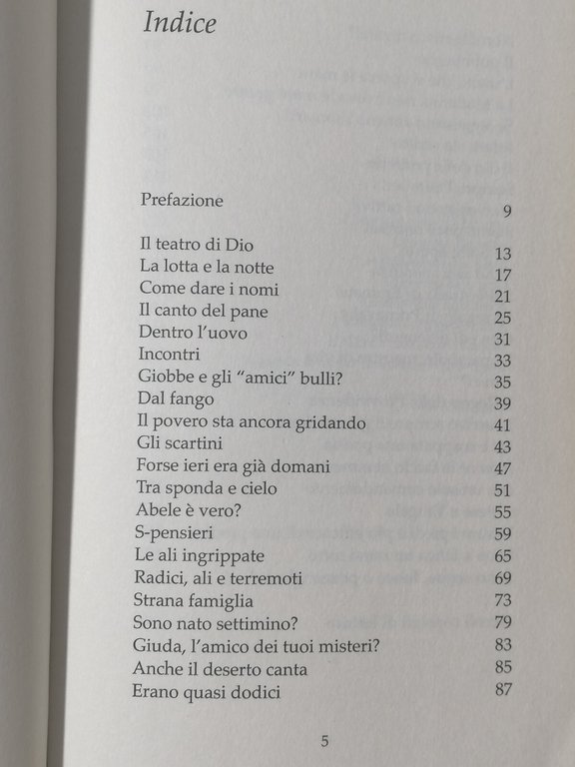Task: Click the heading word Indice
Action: pos(180,23)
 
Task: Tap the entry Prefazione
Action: pos(183,200)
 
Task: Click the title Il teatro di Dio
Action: pos(199,245)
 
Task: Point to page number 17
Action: pos(502,275)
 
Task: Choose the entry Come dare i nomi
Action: pos(209,289)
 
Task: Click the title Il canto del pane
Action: pos(204,311)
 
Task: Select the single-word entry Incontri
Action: pos(170,355)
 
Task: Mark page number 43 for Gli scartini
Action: pos(502,446)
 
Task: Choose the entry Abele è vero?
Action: pos(190,510)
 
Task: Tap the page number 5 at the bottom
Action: pos(324,740)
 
